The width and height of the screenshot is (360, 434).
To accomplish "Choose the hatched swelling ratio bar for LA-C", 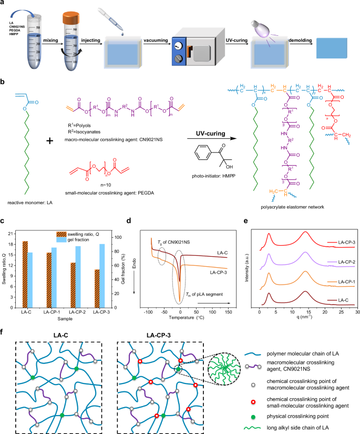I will pos(24,274).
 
